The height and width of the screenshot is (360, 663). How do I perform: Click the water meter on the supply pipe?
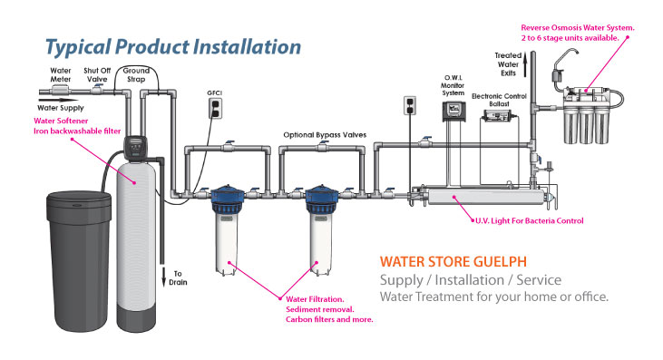point(61,91)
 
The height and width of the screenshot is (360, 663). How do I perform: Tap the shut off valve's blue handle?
point(99,86)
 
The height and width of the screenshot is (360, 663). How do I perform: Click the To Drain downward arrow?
point(164,277)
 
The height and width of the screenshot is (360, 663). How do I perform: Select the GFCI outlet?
point(215,108)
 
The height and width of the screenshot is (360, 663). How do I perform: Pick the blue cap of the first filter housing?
point(228,199)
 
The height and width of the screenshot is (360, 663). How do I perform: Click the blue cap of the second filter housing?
point(322,199)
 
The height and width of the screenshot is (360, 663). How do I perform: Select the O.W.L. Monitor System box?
point(453,112)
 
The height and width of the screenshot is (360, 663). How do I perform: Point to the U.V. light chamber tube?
point(486,197)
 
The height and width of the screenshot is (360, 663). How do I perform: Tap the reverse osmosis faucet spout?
point(563,56)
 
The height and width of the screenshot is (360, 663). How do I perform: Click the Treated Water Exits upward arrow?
point(525,64)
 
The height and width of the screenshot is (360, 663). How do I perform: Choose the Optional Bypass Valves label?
point(325,135)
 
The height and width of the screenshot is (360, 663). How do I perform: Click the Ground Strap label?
point(136,74)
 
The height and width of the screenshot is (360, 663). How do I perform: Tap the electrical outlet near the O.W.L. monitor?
point(410,105)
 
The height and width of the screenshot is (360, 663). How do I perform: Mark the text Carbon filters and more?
point(329,319)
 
